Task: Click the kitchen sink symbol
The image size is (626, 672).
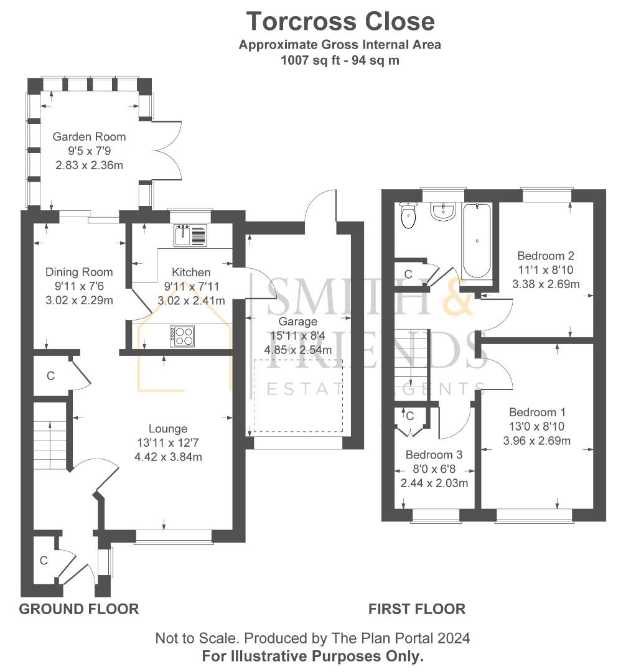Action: pyautogui.click(x=190, y=235)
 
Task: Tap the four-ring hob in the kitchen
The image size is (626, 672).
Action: pyautogui.click(x=182, y=336)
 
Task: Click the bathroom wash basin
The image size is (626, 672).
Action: pyautogui.click(x=442, y=212)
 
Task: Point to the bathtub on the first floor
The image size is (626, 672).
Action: pyautogui.click(x=477, y=240)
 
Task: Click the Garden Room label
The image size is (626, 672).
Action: pyautogui.click(x=89, y=137)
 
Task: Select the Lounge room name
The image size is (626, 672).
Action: pyautogui.click(x=168, y=429)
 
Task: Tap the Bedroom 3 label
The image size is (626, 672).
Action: pyautogui.click(x=434, y=455)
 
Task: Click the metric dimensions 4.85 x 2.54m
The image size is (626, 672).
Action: pyautogui.click(x=298, y=350)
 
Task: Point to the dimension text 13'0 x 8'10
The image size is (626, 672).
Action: pyautogui.click(x=536, y=426)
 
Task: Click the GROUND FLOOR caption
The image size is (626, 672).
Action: pyautogui.click(x=79, y=609)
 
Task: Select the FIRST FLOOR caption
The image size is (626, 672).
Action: pyautogui.click(x=417, y=609)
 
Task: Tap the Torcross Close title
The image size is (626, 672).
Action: pyautogui.click(x=340, y=21)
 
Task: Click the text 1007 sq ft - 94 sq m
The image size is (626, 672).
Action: pyautogui.click(x=340, y=60)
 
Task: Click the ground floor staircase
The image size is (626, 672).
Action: pyautogui.click(x=50, y=436)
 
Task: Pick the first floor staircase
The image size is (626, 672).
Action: pyautogui.click(x=411, y=365)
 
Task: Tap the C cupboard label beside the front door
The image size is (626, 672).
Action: pyautogui.click(x=44, y=561)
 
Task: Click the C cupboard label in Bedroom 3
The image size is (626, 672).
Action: pyautogui.click(x=409, y=416)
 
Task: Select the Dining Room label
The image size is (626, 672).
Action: pyautogui.click(x=79, y=272)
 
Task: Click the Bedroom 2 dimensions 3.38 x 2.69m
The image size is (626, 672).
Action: pyautogui.click(x=546, y=284)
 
